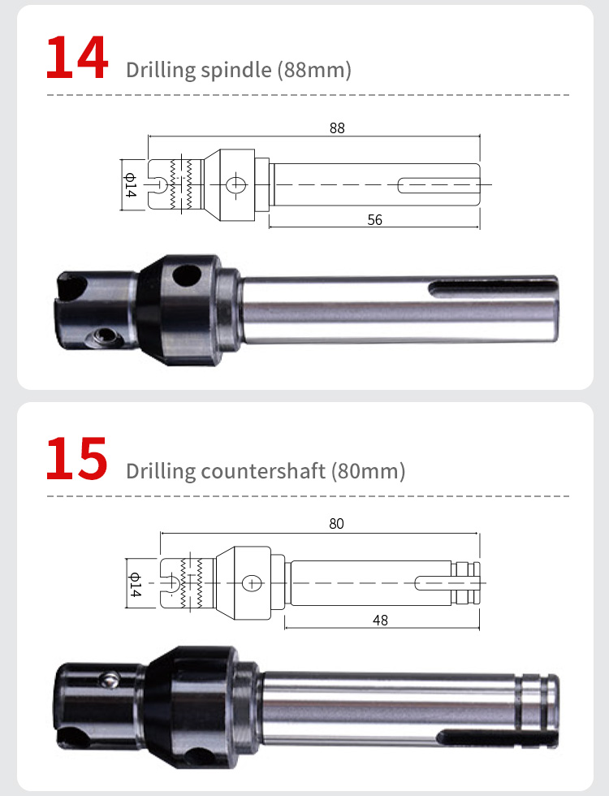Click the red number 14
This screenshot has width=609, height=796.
(76, 58)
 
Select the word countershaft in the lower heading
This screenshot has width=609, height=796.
(263, 471)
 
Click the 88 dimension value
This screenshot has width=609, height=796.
(337, 128)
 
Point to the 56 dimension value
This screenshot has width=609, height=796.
(374, 220)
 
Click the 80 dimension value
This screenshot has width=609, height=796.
(336, 523)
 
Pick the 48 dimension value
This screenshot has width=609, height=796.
(380, 620)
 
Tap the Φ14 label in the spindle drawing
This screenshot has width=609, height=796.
(131, 185)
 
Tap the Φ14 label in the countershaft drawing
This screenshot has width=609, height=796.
(135, 584)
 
